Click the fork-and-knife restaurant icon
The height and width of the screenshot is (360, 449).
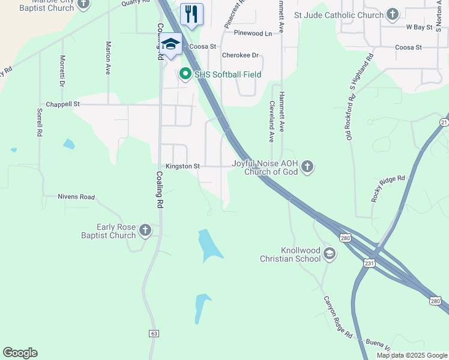(x=191, y=14)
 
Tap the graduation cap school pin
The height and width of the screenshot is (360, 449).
(x=170, y=44)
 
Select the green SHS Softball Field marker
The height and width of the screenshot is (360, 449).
(x=185, y=74)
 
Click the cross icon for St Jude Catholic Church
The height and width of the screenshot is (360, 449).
(x=393, y=14)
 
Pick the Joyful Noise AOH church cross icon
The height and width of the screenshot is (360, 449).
(x=307, y=166)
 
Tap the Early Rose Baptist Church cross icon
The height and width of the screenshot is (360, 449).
(x=145, y=230)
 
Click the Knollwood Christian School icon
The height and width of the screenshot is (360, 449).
(x=329, y=254)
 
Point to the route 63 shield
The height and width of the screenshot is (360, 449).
(x=154, y=333)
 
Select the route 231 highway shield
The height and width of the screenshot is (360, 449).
(x=369, y=263)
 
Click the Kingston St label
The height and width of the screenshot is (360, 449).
(x=182, y=166)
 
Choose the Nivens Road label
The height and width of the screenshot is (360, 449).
(x=76, y=197)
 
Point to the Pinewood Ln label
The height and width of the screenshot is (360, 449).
(x=253, y=33)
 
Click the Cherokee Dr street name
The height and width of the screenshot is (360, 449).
(x=240, y=55)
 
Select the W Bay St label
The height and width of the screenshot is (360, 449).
(x=420, y=28)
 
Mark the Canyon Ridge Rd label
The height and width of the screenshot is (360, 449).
(x=338, y=316)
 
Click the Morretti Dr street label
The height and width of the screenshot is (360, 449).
(x=62, y=71)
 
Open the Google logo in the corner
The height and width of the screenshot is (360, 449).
(x=20, y=353)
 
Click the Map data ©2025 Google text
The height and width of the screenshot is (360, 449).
(x=411, y=355)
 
